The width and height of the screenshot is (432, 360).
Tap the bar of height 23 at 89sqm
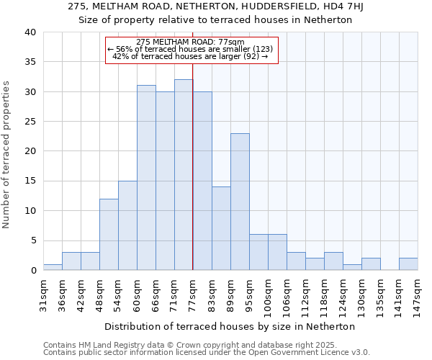coord(240,202)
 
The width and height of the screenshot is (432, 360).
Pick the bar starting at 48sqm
coord(109,235)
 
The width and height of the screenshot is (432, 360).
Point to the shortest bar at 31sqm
coord(53,267)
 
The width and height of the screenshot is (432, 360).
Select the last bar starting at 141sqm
coord(408,264)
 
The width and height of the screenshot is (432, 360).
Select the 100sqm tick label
coord(268,292)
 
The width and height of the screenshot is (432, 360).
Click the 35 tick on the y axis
coord(30,62)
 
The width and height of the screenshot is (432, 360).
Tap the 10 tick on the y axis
coord(30,211)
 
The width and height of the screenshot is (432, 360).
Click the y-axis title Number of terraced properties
coord(7,155)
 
